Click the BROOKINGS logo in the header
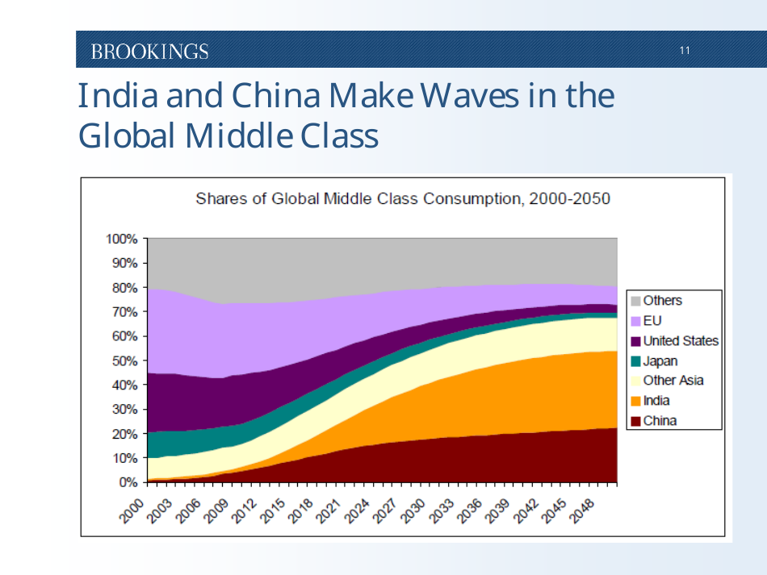pos(149,52)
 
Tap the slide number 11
pos(685,52)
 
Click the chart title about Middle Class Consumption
pos(403,198)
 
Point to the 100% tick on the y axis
pos(122,239)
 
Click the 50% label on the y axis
pos(124,360)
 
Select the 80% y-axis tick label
pos(124,287)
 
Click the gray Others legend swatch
pos(636,301)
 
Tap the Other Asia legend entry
pos(673,381)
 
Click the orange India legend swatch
pos(636,401)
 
